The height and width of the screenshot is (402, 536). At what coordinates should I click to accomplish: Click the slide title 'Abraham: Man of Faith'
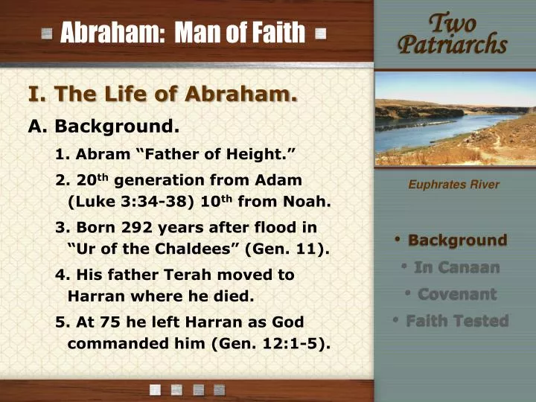tap(182, 33)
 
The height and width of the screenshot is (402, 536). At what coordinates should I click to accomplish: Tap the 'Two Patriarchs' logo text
tap(452, 33)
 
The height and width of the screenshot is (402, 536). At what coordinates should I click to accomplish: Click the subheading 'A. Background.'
tap(104, 126)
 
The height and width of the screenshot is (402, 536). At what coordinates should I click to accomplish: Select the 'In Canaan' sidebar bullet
tap(456, 267)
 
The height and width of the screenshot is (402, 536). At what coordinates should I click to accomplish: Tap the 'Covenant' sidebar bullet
tap(456, 294)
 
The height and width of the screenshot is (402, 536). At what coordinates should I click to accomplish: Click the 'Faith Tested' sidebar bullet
tap(456, 321)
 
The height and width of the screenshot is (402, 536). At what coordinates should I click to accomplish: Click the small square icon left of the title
tap(48, 33)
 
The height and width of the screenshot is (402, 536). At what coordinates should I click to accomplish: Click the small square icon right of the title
tap(320, 33)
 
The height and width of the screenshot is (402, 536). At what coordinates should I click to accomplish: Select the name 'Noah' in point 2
tap(307, 201)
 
